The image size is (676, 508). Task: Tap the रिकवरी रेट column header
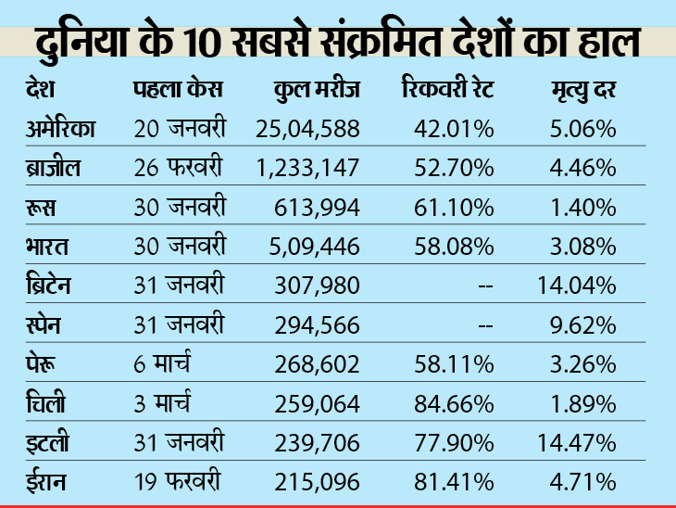(x=448, y=92)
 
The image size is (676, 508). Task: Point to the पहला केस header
(x=177, y=92)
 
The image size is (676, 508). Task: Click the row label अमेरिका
(x=62, y=129)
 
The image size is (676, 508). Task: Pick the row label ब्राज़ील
(x=55, y=168)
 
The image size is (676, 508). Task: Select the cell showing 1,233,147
(x=307, y=168)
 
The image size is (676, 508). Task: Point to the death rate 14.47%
(x=577, y=442)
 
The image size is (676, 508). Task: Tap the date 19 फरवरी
(x=176, y=481)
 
